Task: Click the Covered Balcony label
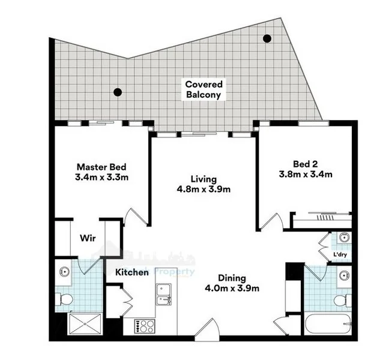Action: click(x=203, y=90)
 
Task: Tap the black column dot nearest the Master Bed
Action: click(x=118, y=92)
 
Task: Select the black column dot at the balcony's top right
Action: click(x=267, y=38)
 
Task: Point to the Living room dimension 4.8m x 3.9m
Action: click(x=203, y=189)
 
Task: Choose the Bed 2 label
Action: click(x=305, y=164)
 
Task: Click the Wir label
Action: click(x=88, y=238)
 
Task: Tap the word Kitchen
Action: click(x=132, y=272)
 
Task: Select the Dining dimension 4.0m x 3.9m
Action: click(x=232, y=288)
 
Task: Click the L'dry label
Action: click(x=340, y=255)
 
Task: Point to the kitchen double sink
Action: click(x=163, y=295)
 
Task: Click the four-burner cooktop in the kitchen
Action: click(x=144, y=326)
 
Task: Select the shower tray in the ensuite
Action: click(x=86, y=324)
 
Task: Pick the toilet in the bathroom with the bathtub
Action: click(x=341, y=299)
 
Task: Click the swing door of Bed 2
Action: click(x=272, y=222)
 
